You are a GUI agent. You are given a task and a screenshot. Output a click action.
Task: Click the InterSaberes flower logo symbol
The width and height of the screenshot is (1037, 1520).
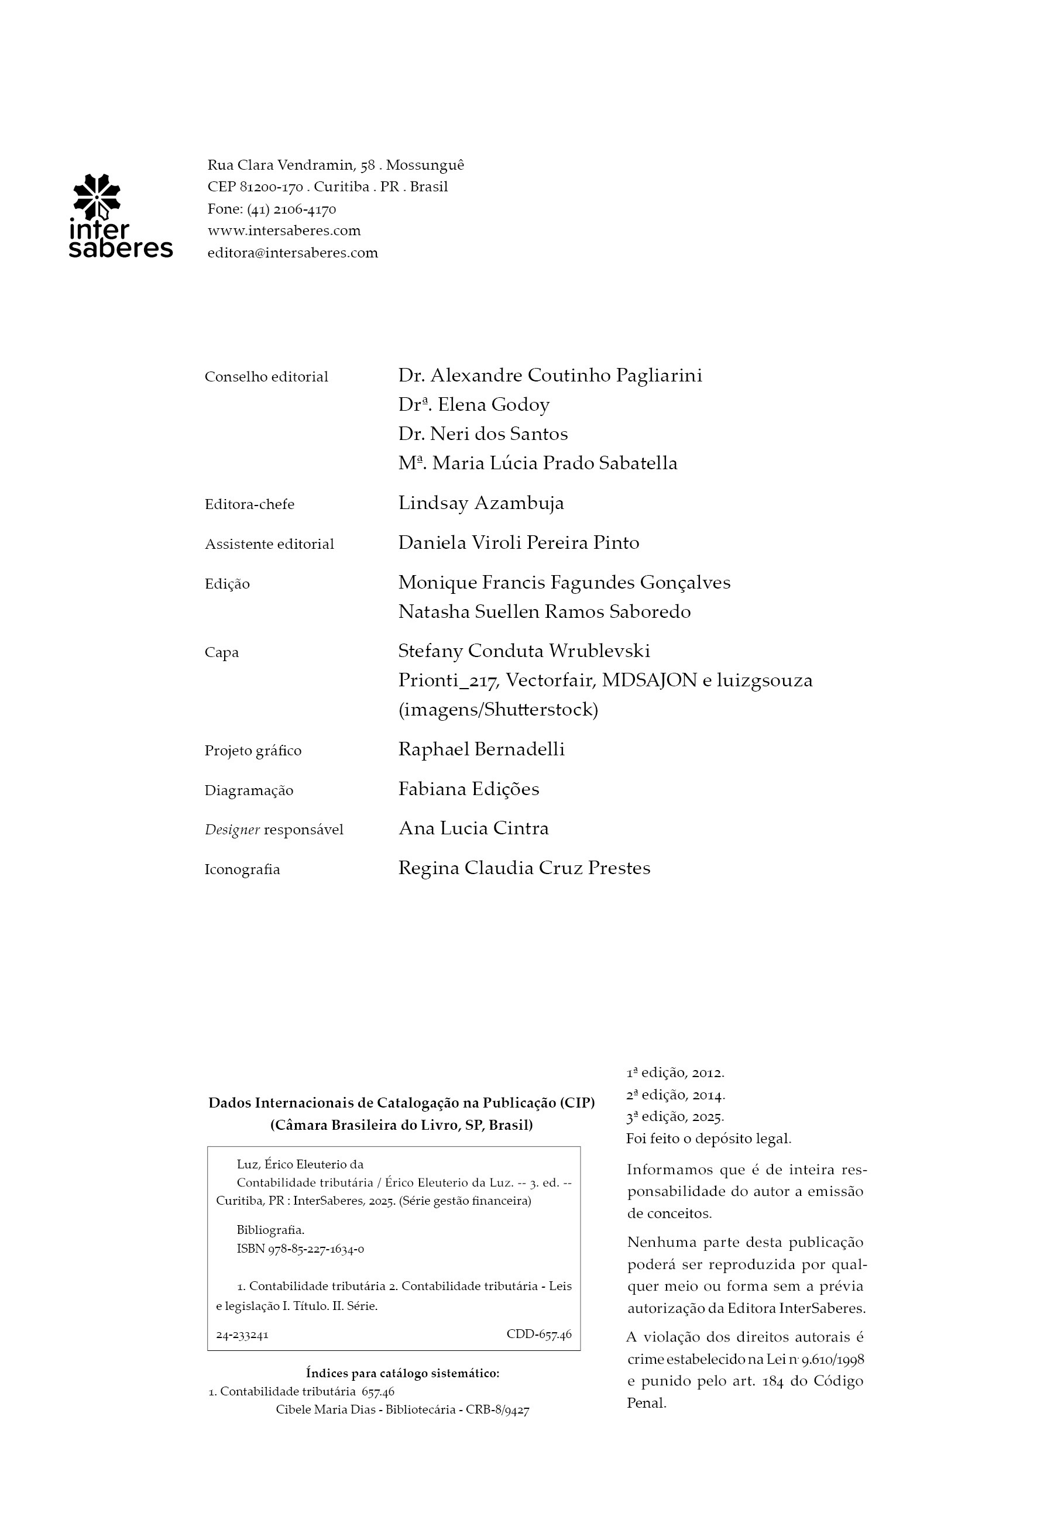(96, 197)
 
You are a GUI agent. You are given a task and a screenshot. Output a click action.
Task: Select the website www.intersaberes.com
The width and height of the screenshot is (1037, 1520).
(284, 231)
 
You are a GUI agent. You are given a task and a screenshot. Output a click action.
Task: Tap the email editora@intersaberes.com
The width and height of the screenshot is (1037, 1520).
(293, 253)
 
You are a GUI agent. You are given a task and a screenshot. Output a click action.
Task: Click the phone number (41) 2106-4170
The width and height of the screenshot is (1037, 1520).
(292, 209)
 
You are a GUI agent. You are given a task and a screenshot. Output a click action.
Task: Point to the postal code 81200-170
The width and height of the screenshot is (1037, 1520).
(272, 187)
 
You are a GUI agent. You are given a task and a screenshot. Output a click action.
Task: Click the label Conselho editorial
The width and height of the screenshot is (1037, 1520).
(266, 377)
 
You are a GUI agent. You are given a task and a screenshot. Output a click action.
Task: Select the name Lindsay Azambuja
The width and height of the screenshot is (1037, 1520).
(481, 504)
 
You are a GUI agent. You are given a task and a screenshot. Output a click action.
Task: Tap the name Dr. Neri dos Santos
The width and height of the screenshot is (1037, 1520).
(483, 434)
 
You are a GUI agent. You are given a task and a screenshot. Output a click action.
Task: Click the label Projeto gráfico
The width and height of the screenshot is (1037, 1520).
(253, 751)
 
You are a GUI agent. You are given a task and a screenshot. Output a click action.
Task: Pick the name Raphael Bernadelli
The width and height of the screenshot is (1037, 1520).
(481, 749)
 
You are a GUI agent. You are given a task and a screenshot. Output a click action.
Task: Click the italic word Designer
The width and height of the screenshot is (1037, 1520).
(232, 830)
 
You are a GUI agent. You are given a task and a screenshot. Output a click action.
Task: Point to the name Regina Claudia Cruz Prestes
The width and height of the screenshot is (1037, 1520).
(524, 869)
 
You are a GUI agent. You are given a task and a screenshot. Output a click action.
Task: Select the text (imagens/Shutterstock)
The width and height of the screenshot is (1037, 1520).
(498, 710)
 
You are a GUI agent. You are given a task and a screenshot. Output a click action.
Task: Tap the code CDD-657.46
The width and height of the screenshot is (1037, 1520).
(538, 1335)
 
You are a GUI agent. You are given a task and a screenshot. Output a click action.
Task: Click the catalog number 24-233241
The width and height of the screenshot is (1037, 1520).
(242, 1336)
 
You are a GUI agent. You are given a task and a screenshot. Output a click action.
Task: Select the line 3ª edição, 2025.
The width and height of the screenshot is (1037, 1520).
(675, 1116)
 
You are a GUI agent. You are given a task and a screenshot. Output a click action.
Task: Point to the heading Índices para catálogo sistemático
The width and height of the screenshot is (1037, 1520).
(403, 1374)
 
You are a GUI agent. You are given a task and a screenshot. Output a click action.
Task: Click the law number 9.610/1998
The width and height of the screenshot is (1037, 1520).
(832, 1360)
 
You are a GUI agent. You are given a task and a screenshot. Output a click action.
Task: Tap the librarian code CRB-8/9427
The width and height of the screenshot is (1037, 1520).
(497, 1410)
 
